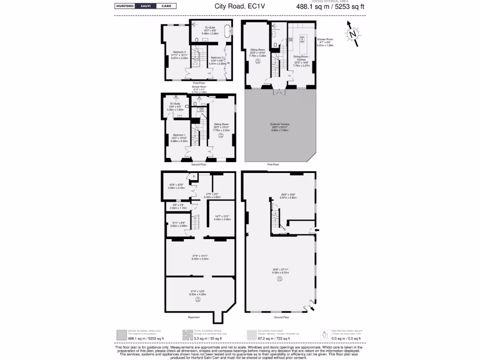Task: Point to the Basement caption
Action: (x=194, y=317)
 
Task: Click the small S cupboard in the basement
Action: (x=193, y=176)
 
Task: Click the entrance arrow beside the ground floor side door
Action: (x=317, y=230)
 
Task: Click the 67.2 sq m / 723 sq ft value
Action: (x=276, y=338)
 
